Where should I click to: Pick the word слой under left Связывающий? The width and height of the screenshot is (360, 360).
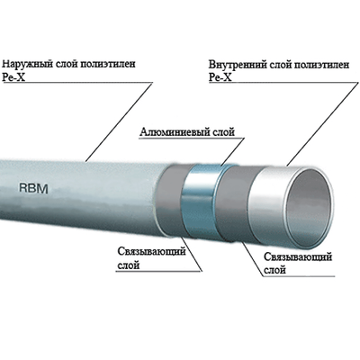[x=131, y=265]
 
